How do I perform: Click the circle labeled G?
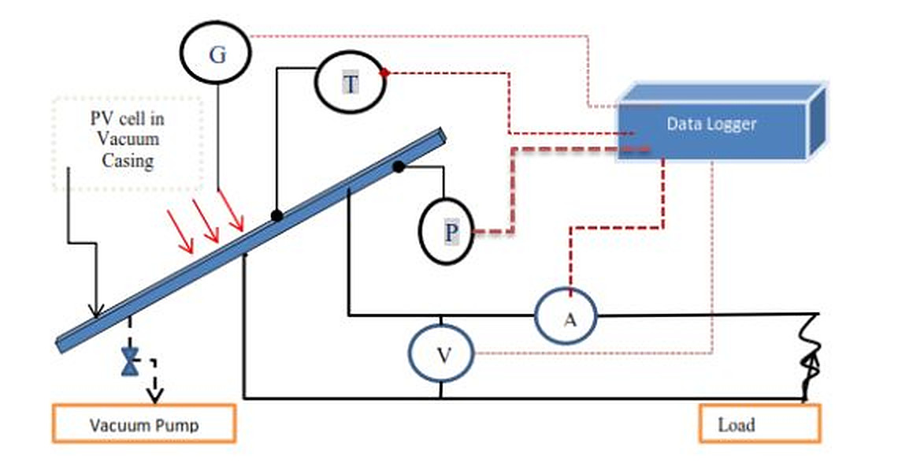[216, 54]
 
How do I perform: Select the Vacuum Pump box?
[144, 424]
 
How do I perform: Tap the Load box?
[759, 424]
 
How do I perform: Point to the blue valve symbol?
[128, 362]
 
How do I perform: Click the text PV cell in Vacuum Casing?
[128, 140]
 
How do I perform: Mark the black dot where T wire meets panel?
[276, 215]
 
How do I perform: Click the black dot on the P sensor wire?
[399, 166]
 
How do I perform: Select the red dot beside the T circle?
[385, 73]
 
